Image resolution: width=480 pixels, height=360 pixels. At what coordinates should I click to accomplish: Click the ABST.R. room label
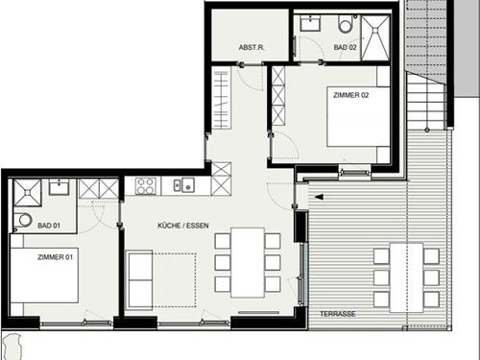tap(252, 47)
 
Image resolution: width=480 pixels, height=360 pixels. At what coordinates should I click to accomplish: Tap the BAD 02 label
tap(345, 47)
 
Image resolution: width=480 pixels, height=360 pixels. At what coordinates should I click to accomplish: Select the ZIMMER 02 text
tap(351, 95)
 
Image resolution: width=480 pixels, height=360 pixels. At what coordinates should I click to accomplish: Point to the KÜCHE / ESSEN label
tap(183, 226)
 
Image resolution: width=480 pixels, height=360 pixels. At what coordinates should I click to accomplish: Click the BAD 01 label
tap(49, 226)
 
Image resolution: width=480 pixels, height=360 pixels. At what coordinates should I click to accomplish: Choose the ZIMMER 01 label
tap(56, 257)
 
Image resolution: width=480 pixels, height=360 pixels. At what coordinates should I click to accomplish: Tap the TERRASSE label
tap(338, 314)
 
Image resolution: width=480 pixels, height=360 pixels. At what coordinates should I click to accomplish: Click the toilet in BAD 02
tap(346, 24)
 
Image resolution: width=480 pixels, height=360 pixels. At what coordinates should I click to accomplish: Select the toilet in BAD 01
tap(23, 220)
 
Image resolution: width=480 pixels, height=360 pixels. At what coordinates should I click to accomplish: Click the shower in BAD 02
tap(375, 37)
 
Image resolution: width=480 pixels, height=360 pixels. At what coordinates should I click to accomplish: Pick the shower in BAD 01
tap(28, 193)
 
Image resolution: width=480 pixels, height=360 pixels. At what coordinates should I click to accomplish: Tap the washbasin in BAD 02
tap(310, 23)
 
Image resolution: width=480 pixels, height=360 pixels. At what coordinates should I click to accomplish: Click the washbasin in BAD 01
tap(59, 187)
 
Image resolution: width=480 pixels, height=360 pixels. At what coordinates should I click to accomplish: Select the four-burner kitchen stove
tap(146, 186)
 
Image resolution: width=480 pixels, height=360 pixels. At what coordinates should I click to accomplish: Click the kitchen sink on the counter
tap(184, 185)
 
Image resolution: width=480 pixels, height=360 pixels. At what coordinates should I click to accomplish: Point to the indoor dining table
tap(248, 262)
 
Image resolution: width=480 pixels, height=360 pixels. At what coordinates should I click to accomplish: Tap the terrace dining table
tap(406, 277)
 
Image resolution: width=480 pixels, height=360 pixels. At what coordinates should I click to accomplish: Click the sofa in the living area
tap(140, 280)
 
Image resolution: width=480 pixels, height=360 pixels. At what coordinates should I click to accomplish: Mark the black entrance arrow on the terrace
tap(319, 197)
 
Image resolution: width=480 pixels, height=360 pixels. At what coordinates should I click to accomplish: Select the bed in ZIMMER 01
tap(44, 275)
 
